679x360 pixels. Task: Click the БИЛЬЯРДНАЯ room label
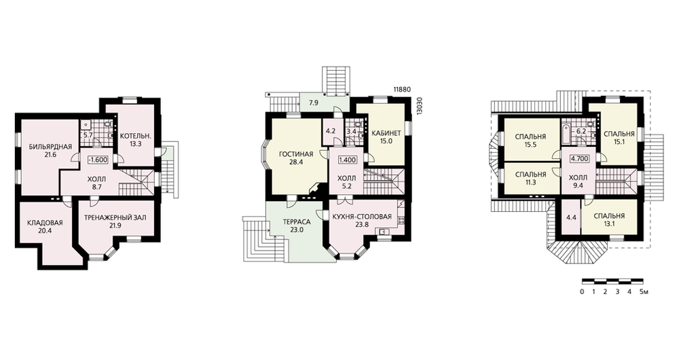tap(50, 147)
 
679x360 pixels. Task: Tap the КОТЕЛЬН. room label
tap(136, 136)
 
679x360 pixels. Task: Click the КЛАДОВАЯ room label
tap(45, 223)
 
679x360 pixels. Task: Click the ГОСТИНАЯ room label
tap(296, 154)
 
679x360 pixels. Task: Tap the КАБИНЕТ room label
tap(386, 133)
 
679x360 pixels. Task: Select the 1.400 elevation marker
tap(347, 160)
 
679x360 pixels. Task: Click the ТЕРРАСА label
tap(297, 222)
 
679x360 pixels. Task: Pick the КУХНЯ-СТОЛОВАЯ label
tap(363, 217)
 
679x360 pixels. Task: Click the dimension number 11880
tap(401, 90)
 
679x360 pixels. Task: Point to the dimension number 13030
tap(418, 105)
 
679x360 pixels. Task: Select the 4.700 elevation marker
tap(579, 158)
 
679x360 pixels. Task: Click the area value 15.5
tap(530, 145)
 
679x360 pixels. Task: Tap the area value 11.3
tap(530, 183)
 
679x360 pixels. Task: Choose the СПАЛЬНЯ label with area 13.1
tap(609, 216)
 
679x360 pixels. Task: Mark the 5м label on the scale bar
tap(644, 291)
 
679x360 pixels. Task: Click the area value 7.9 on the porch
tap(314, 103)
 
